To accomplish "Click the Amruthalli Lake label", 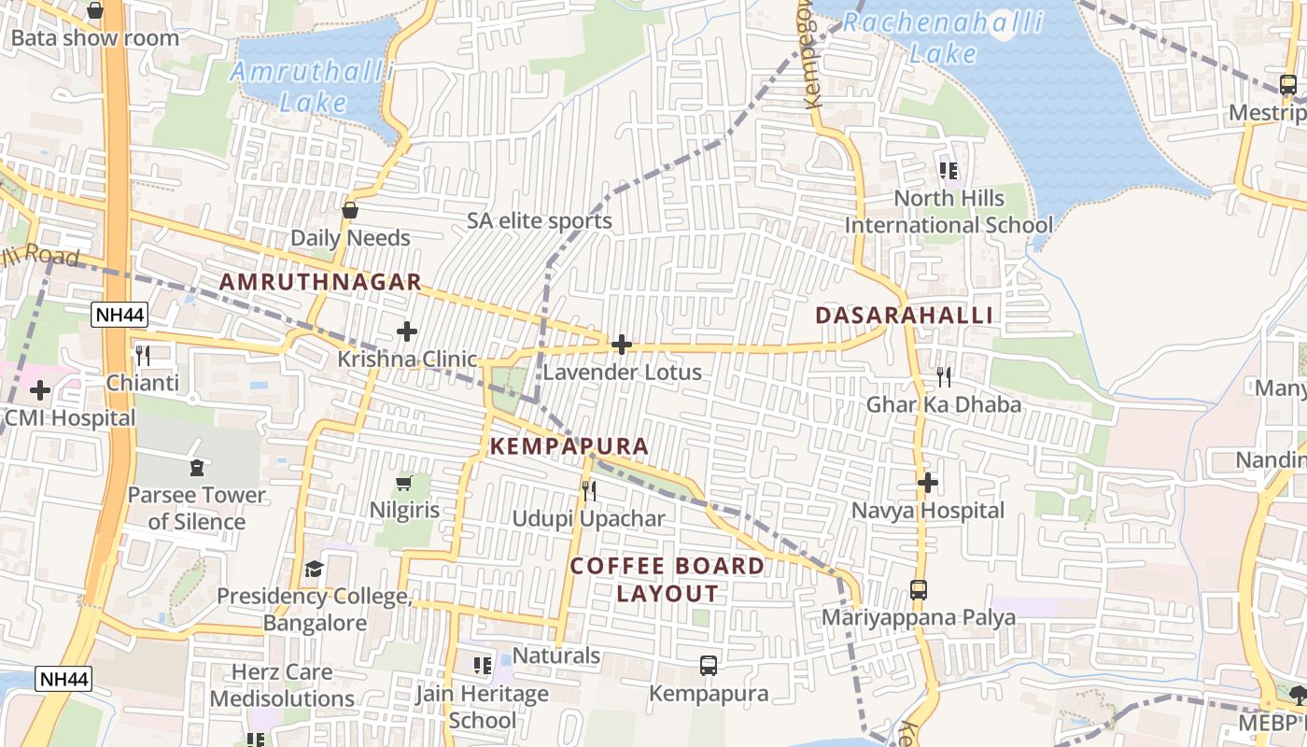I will coord(313,86).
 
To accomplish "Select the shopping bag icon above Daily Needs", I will coord(350,211).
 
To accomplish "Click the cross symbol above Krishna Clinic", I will coord(407,331).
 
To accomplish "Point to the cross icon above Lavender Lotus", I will coord(622,345).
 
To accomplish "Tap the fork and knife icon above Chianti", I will coord(143,355).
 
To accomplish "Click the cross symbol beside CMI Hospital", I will coord(40,389).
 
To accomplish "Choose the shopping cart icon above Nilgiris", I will coord(404,483).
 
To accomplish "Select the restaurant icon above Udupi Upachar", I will coord(589,490).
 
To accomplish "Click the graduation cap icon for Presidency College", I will coord(315,569).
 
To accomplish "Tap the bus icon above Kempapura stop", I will coord(709,666).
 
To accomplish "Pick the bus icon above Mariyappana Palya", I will coord(919,590).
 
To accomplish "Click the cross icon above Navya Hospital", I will coord(927,483).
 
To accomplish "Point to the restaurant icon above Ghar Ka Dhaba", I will coord(944,376).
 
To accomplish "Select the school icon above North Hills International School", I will coord(949,171).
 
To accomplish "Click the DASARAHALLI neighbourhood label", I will coord(905,316).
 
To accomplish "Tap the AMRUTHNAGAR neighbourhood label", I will coord(320,282).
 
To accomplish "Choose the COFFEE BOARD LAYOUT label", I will coord(668,579).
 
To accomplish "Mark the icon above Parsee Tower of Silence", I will coord(197,467).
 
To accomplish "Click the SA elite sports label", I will coord(540,221).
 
